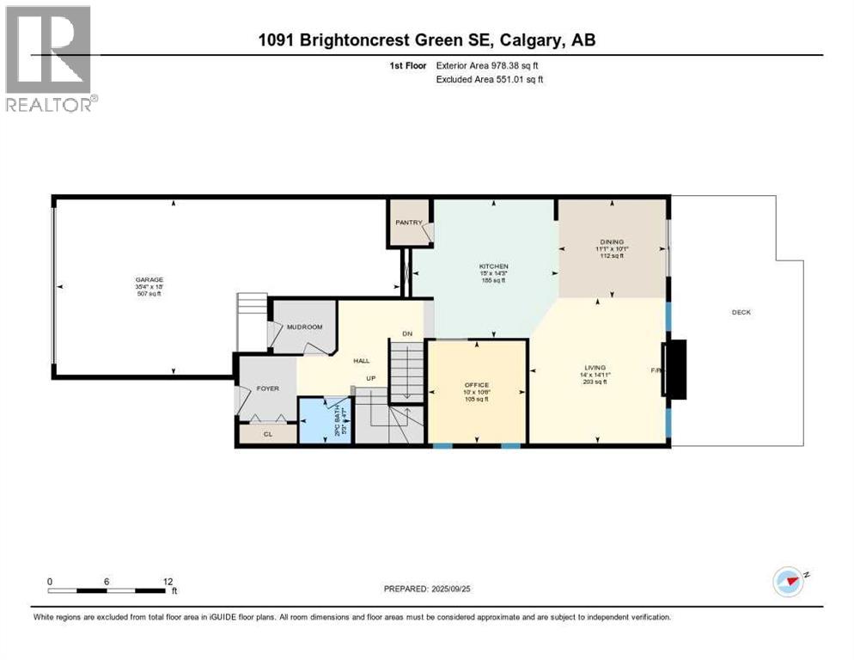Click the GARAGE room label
coord(149,279)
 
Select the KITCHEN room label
coord(494,266)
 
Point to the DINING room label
coord(612,242)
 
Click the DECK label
coord(741,312)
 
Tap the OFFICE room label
coord(477,385)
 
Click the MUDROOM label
coord(304,327)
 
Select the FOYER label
coord(268,388)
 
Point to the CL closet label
coord(268,434)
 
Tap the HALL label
coord(362,361)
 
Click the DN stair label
coord(407,333)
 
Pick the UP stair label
coord(370,378)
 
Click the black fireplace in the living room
coord(675,370)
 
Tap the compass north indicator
coord(789,581)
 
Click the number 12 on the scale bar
coord(168,581)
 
